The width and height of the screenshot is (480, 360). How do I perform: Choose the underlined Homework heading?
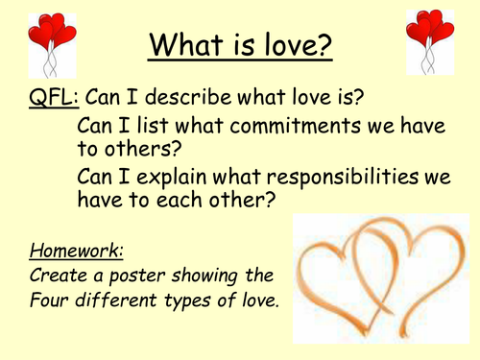point(62,252)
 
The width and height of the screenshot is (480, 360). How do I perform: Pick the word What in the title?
point(182,45)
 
